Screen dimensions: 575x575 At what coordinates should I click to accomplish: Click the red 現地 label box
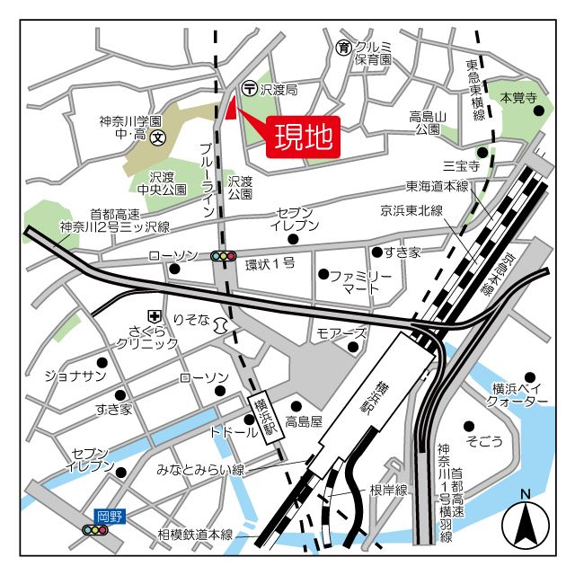point(305,137)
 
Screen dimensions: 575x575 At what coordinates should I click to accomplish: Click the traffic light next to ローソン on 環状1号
point(223,256)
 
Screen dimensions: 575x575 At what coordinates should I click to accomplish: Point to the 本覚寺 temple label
point(518,96)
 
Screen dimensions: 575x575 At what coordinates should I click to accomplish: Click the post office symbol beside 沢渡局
point(249,89)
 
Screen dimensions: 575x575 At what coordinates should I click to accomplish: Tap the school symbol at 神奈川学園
point(158,137)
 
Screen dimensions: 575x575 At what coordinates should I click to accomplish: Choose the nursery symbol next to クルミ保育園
point(343,47)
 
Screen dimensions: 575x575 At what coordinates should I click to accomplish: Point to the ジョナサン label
point(75,376)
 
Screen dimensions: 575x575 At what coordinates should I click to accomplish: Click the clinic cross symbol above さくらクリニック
point(155,315)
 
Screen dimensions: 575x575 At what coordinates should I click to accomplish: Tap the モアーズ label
point(341,333)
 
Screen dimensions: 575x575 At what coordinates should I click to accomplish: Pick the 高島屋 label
point(305,421)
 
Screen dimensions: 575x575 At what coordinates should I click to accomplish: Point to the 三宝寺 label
point(461,165)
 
